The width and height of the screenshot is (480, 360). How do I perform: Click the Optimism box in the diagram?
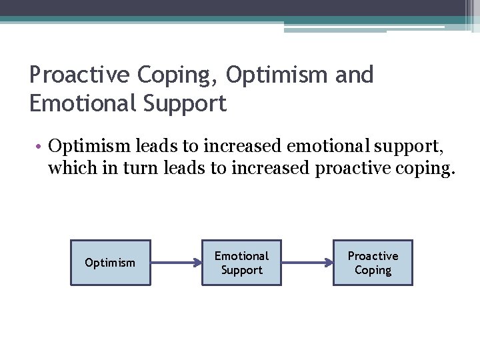tap(110, 263)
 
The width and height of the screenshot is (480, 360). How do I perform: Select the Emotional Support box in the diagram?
tap(241, 263)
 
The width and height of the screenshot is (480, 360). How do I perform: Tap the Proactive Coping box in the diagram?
tap(373, 263)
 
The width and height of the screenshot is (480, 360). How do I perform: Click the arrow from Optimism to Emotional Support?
tap(176, 263)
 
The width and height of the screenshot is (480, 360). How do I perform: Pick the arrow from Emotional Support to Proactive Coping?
tap(307, 263)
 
